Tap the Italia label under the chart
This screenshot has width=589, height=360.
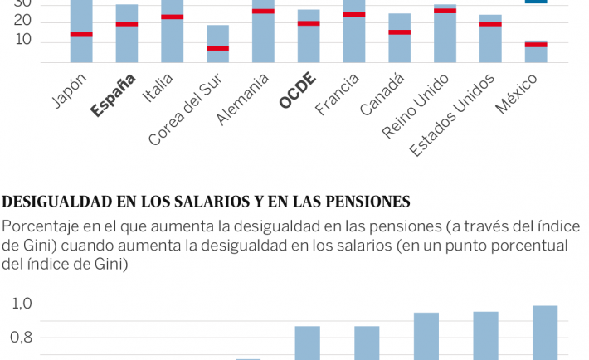[158, 87]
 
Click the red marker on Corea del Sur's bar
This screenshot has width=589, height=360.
[217, 48]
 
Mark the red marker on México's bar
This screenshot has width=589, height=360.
[536, 45]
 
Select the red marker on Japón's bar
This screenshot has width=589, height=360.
[81, 34]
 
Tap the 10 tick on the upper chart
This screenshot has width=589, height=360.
[22, 40]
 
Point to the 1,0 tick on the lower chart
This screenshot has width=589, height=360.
[22, 304]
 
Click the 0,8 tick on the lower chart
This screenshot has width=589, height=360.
[22, 338]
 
